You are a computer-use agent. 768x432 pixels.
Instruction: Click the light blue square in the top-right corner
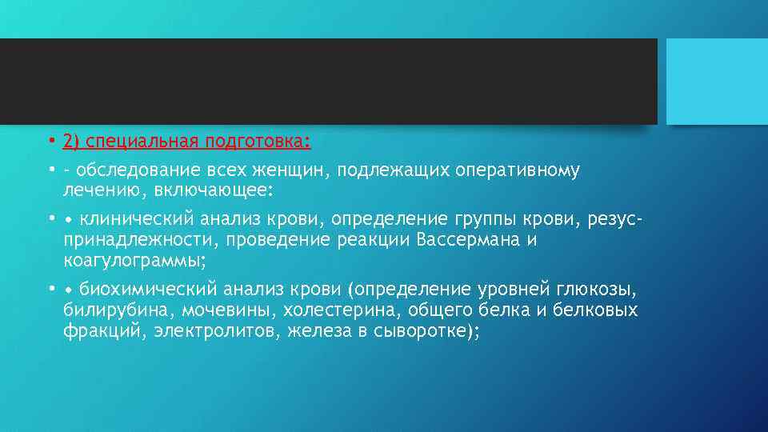717,82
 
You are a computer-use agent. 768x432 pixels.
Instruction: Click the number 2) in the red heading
72,142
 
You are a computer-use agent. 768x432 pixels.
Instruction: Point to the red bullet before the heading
50,142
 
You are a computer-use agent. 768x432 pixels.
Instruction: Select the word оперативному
517,171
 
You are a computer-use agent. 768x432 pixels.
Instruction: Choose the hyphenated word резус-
614,220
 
